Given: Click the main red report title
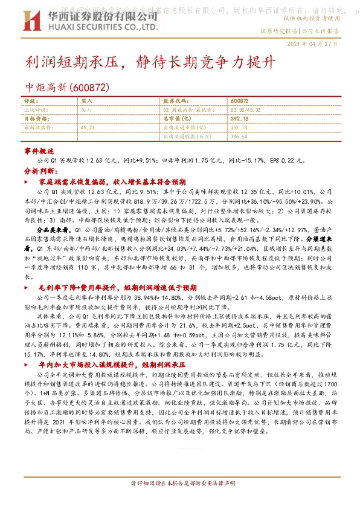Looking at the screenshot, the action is tap(150, 63).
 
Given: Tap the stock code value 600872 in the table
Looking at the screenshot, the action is tap(240, 101).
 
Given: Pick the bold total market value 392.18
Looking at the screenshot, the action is tap(239, 119).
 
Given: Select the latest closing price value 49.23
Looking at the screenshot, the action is tap(88, 128).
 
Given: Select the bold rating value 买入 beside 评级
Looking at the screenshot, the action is tap(86, 101).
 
